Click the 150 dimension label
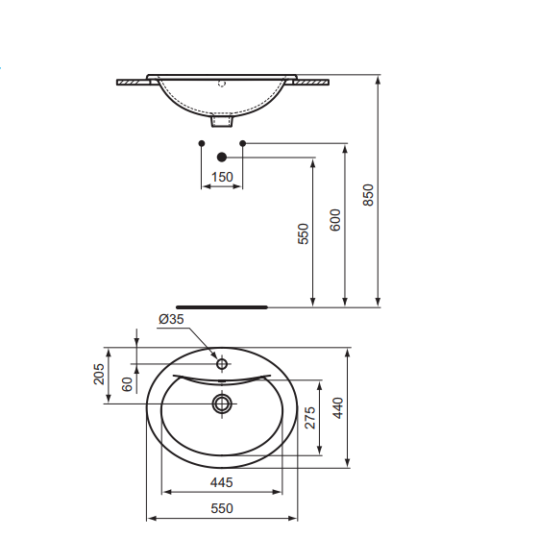coord(222,177)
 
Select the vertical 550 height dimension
coord(303,233)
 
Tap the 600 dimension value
coord(334,220)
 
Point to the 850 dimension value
coord(367,195)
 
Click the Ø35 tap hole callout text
coord(170,319)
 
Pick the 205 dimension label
coord(99,374)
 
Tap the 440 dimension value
coord(337,407)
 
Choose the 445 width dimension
coord(222,481)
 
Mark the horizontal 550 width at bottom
coord(222,508)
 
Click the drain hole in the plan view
coord(222,403)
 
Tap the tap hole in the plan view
coord(222,364)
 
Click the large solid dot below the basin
coord(222,157)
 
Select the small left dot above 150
coord(201,143)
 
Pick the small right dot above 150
coord(243,143)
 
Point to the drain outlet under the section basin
coord(222,121)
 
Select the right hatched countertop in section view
coord(314,83)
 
